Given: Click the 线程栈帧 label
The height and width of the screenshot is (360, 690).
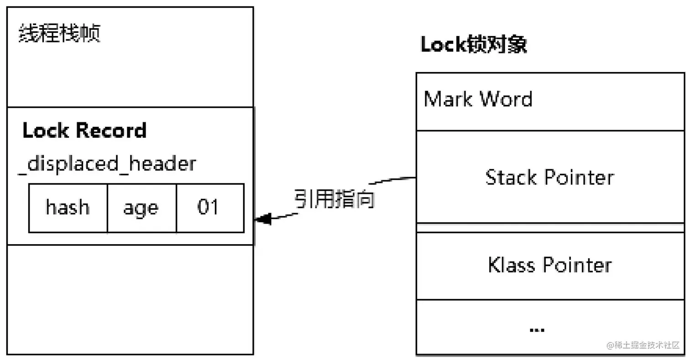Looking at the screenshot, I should pos(59,34).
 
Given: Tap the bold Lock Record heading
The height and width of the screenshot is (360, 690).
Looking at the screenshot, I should pos(84,130).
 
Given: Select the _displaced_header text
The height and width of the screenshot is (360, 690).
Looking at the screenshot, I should pos(107,163).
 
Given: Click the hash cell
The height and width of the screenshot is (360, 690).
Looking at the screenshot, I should pos(68,208).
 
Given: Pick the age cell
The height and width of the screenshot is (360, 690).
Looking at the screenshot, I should pos(141,208).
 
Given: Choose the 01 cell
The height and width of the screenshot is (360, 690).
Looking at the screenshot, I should pos(209,208).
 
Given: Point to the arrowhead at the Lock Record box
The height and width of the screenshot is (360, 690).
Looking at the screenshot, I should pos(262,219).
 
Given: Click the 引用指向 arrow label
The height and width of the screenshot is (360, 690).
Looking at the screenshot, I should pos(334,199).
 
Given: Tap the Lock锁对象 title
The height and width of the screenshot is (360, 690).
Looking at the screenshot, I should pos(474,46).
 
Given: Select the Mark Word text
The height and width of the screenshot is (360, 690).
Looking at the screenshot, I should pos(478,99).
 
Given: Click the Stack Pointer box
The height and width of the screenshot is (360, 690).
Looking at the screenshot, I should pos(550,177).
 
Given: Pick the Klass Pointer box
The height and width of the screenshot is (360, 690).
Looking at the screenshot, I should pos(550,265).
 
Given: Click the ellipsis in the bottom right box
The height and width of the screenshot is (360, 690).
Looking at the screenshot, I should pos(537,329).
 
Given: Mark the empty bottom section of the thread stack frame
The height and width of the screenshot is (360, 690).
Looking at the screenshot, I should pos(130,299).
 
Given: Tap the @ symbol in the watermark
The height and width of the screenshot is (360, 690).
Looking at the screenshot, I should pos(610,345).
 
